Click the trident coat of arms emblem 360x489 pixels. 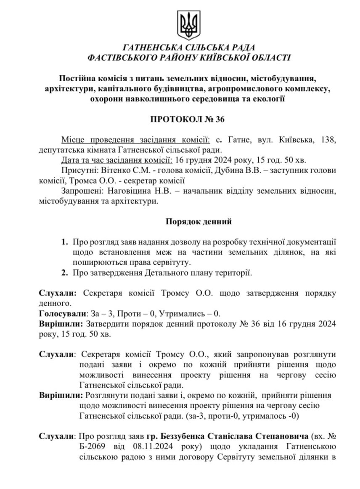point(188,24)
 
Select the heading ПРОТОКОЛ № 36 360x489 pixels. point(188,119)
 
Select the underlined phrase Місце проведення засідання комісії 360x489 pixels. point(135,140)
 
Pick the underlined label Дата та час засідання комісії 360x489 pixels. point(116,160)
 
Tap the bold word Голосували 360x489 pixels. point(62,314)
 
